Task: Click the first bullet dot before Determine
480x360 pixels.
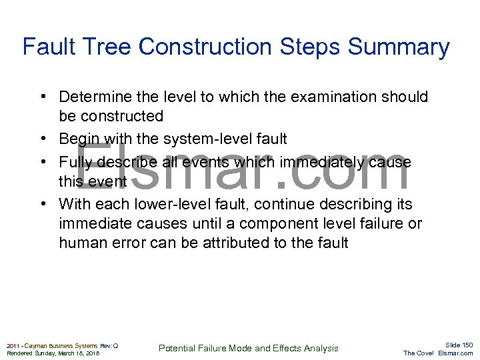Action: point(42,97)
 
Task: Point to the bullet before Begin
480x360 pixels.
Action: point(42,139)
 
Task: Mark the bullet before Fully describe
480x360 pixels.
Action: point(42,162)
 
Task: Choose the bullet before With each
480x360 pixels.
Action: point(42,204)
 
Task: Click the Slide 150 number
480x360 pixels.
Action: point(459,344)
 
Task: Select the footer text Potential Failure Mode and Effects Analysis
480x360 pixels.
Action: point(249,348)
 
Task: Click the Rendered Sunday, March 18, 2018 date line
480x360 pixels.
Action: point(53,353)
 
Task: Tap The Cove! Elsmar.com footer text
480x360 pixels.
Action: point(438,353)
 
